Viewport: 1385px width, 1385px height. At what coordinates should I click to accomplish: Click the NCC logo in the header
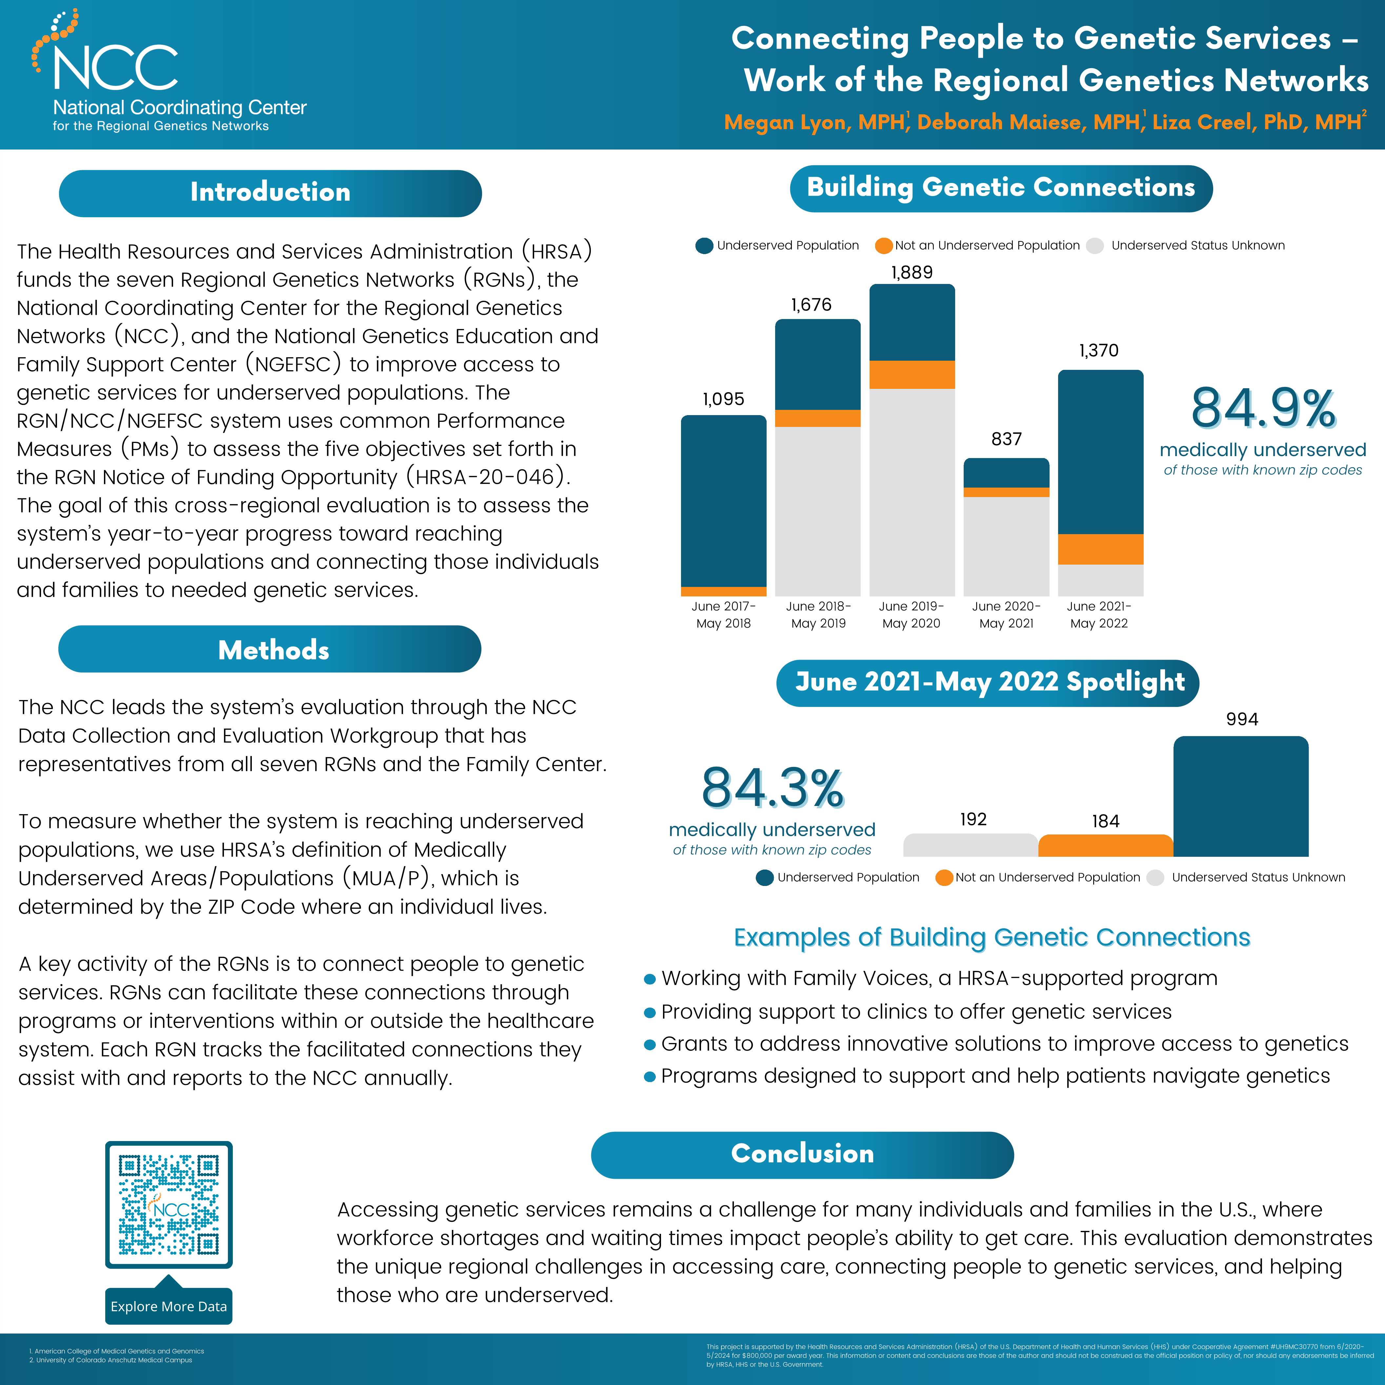click(x=115, y=61)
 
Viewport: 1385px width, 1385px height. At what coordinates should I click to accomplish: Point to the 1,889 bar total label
click(x=912, y=272)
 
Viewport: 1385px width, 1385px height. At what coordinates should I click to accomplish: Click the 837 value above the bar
click(x=1007, y=439)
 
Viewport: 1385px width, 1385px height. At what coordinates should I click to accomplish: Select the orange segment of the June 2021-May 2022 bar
click(x=1100, y=549)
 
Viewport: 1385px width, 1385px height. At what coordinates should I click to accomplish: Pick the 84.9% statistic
click(x=1263, y=409)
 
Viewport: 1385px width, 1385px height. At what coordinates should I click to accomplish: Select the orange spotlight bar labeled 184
click(x=1105, y=846)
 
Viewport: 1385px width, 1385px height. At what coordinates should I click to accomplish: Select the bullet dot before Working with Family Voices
click(x=650, y=979)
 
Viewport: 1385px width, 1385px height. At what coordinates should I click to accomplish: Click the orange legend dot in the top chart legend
click(x=884, y=246)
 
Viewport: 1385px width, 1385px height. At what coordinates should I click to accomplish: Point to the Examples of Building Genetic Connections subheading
click(x=992, y=937)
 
